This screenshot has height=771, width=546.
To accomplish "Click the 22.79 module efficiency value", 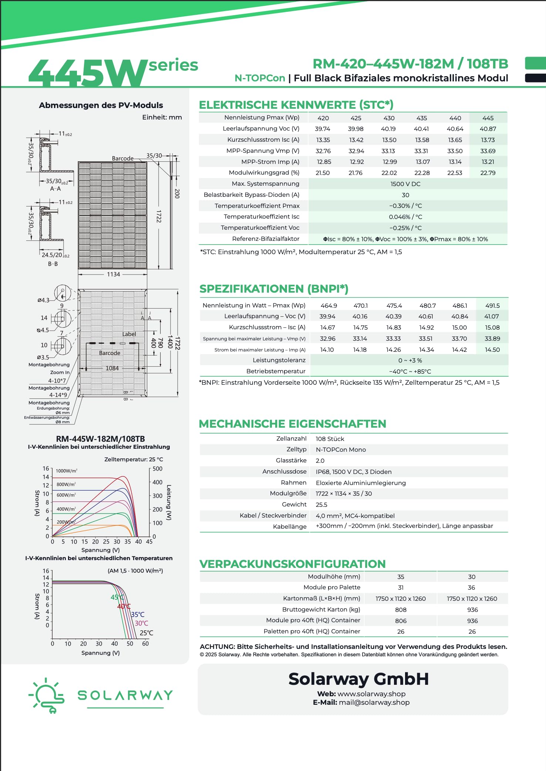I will tap(488, 173).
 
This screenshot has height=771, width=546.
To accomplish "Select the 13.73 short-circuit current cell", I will tap(488, 140).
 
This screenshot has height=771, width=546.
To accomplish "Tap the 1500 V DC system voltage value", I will tap(405, 184).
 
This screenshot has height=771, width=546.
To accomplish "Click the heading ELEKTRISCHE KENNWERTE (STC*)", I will tap(296, 105).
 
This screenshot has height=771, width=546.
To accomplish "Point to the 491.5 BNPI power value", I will tap(492, 306).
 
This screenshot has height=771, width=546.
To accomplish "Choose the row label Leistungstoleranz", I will tap(279, 360).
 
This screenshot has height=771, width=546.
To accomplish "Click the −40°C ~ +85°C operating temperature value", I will tap(410, 371).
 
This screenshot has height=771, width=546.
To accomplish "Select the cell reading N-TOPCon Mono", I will tap(341, 450).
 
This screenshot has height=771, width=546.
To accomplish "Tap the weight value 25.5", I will tap(321, 505).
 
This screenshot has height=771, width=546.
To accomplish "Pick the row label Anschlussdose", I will tap(284, 471).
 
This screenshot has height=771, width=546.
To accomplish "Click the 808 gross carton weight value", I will tap(401, 610).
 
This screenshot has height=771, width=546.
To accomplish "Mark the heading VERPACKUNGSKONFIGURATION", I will tap(292, 564).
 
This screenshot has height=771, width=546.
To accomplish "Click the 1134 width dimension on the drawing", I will tap(114, 274).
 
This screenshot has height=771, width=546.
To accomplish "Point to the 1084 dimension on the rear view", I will tap(112, 368).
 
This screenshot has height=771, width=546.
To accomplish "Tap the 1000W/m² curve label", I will tap(67, 471).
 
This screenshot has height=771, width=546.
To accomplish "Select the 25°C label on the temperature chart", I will tap(146, 633).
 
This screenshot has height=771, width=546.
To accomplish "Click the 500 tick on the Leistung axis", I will tap(158, 469).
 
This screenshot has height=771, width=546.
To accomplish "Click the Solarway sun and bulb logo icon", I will tap(47, 695).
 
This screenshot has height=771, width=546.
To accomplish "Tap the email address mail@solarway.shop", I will tap(374, 702).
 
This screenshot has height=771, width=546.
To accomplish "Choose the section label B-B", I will tap(53, 264).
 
